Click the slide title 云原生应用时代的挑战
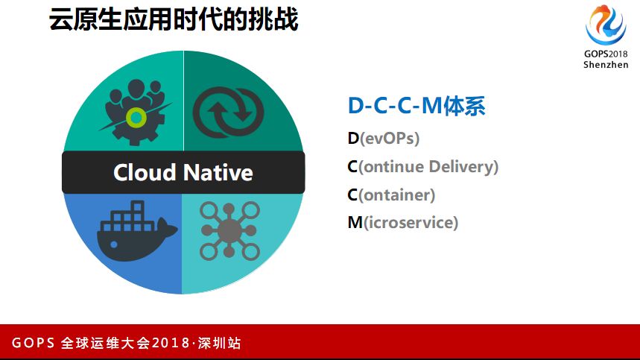point(174,20)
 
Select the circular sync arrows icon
point(228,110)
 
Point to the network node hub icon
point(229,231)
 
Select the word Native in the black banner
point(218,173)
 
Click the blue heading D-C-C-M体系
point(416,107)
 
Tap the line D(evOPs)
point(383,139)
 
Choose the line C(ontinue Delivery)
point(422,166)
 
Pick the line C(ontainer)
point(391,195)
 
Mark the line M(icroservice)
point(402,222)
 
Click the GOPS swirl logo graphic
point(605,25)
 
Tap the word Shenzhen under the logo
point(605,64)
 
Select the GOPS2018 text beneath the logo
point(605,54)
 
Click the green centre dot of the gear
point(136,116)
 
